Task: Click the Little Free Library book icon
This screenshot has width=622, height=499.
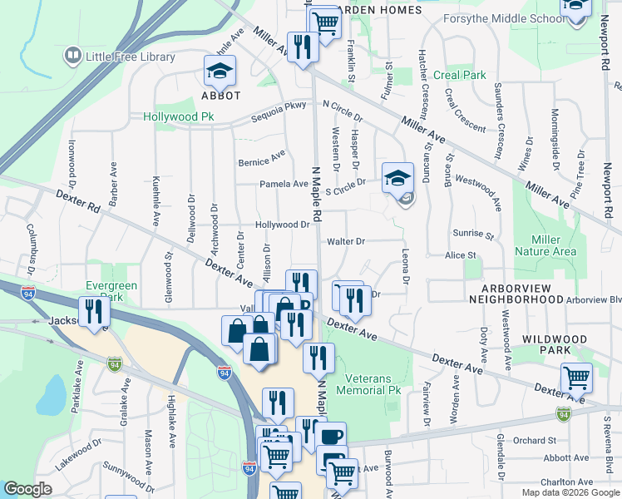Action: click(73, 57)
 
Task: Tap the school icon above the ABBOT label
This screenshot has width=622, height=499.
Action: click(220, 72)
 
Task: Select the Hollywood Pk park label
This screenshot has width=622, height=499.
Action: click(179, 117)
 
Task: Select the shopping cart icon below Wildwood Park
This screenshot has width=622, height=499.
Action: click(576, 378)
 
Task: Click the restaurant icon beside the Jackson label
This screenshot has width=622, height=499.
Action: click(94, 313)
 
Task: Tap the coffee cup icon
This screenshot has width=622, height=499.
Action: click(332, 437)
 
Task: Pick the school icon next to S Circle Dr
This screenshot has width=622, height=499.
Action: click(398, 178)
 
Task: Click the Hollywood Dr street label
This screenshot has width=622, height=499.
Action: click(282, 225)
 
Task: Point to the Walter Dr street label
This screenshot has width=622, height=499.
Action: click(346, 241)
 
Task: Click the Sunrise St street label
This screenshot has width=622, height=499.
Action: click(473, 235)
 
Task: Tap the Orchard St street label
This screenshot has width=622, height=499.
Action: click(534, 440)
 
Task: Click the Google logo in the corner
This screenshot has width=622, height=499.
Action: click(28, 490)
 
